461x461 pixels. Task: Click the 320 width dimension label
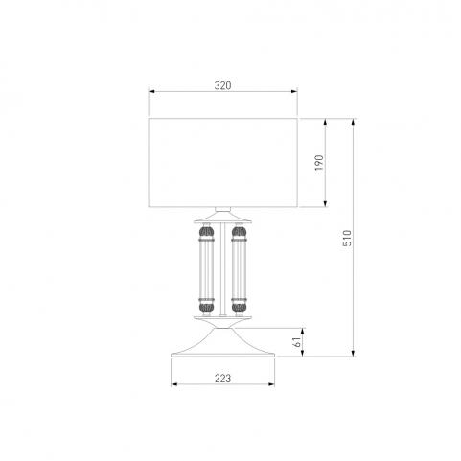pyautogui.click(x=222, y=85)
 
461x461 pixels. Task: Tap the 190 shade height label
pyautogui.click(x=319, y=163)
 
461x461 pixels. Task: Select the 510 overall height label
pyautogui.click(x=347, y=238)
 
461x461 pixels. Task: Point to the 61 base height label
pyautogui.click(x=297, y=342)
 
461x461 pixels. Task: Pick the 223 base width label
pyautogui.click(x=222, y=379)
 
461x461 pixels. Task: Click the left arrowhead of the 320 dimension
pyautogui.click(x=151, y=92)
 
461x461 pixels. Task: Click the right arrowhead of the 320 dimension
pyautogui.click(x=294, y=92)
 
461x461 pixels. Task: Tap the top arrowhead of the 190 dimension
pyautogui.click(x=325, y=122)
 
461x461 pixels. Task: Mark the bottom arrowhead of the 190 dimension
pyautogui.click(x=325, y=203)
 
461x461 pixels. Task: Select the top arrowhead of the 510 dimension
pyautogui.click(x=353, y=122)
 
